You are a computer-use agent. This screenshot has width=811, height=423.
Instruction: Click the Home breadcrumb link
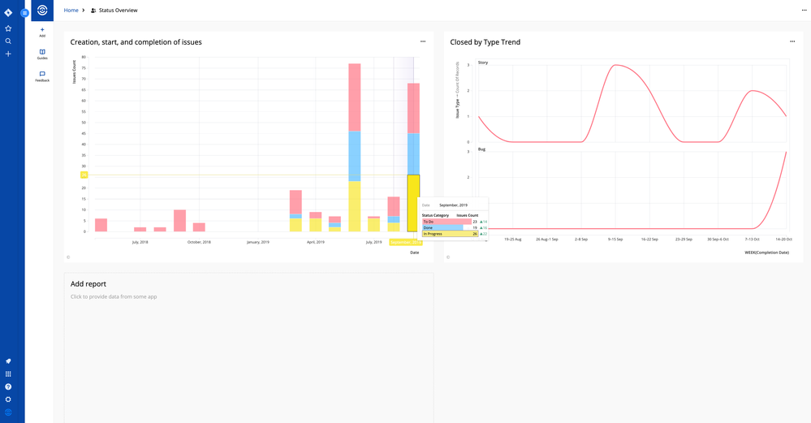pos(71,11)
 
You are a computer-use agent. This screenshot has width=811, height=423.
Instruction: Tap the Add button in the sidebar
pos(42,32)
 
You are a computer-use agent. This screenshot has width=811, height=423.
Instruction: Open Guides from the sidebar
pos(42,54)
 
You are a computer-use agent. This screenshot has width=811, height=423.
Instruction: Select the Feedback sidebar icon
pos(42,76)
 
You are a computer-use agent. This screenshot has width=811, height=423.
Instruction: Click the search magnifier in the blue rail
pos(8,41)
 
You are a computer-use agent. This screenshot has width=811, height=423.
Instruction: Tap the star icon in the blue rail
pos(8,28)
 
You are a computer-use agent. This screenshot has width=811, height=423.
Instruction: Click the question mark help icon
pos(8,386)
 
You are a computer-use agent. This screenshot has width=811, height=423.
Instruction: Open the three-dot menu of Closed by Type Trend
pos(792,41)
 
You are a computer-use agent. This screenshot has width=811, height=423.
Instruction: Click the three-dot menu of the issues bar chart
pos(423,41)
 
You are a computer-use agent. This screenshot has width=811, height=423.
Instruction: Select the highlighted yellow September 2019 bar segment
pos(413,203)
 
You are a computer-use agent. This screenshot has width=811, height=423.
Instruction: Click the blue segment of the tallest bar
pos(354,156)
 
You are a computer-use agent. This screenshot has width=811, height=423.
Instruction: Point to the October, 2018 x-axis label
pos(199,242)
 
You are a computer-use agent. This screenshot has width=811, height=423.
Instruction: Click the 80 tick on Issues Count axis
pos(84,58)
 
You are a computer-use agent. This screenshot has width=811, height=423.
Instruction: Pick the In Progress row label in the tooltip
pos(434,234)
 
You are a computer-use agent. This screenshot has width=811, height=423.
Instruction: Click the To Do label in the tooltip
pos(429,222)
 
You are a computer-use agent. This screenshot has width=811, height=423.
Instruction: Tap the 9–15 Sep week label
pos(615,240)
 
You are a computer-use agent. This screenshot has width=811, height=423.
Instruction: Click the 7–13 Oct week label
pos(753,240)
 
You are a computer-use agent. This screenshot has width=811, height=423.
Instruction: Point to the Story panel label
pos(483,63)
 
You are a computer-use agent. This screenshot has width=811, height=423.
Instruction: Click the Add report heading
pos(88,284)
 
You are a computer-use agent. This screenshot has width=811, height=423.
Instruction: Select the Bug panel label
pos(482,149)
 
